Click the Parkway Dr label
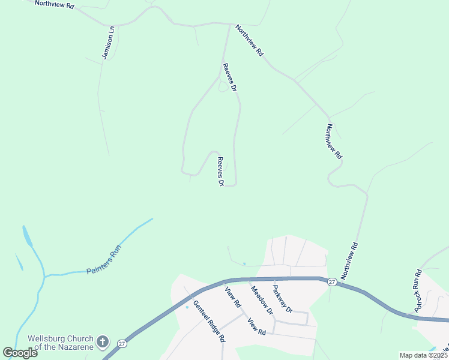281,298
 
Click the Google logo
20,353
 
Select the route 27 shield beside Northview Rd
332,281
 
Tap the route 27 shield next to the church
122,344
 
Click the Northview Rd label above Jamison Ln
54,4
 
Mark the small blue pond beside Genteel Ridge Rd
187,307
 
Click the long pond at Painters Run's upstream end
26,236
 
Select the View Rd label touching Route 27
232,298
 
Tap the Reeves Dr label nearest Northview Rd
230,77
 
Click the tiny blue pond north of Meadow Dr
244,264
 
